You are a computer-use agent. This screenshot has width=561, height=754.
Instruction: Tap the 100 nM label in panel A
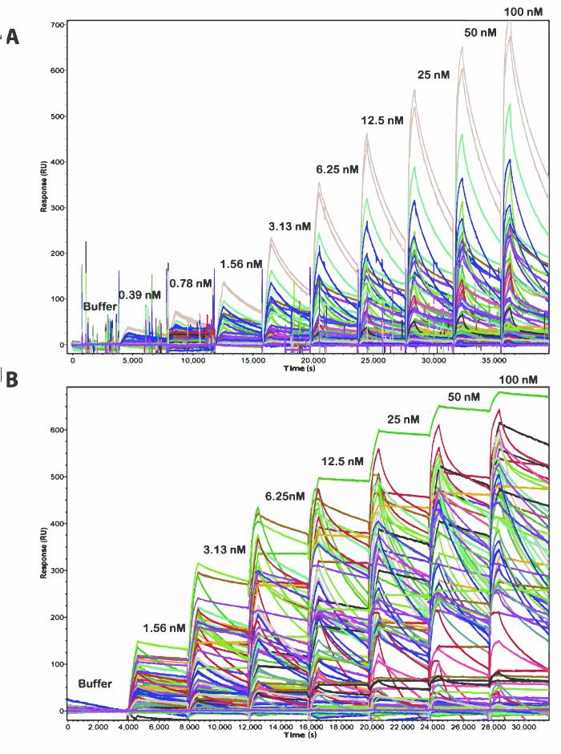tap(523, 11)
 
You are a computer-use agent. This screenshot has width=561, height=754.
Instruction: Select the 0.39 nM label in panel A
tap(139, 295)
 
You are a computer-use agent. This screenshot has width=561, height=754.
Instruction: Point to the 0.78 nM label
tap(191, 283)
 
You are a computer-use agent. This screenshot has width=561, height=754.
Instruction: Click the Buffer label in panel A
tap(99, 306)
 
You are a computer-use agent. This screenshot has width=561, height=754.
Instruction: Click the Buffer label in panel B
tap(95, 683)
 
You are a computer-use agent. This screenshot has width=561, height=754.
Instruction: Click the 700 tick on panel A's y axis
tap(57, 24)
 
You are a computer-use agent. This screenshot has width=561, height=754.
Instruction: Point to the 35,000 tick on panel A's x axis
tap(493, 361)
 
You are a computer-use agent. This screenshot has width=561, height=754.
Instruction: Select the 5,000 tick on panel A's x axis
tap(132, 361)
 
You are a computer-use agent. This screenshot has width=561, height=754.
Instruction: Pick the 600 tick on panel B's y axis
tap(57, 430)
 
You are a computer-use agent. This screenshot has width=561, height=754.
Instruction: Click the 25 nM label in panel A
tap(434, 75)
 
